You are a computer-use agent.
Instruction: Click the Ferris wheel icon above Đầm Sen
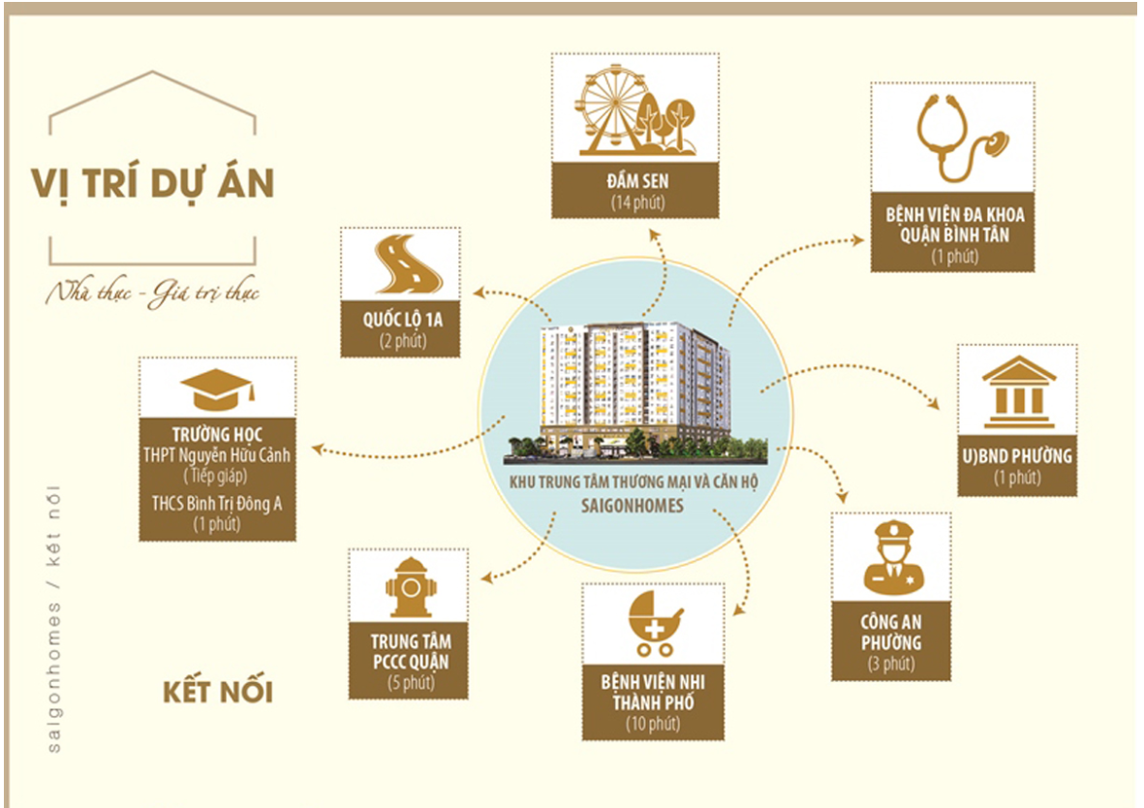[x=613, y=109]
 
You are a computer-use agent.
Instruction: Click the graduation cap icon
[x=217, y=389]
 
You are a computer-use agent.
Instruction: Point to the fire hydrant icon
[x=410, y=588]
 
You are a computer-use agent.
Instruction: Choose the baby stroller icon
[x=654, y=623]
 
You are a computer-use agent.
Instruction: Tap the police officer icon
[x=893, y=557]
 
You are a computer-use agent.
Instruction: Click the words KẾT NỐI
[x=217, y=691]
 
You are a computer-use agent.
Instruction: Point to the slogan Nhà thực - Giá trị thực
[x=152, y=294]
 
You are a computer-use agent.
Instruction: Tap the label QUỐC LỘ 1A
[x=403, y=319]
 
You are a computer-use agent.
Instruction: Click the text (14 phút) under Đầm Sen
[x=638, y=202]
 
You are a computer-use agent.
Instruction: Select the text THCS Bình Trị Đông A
[x=217, y=504]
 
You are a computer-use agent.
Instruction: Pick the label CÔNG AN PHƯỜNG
[x=891, y=632]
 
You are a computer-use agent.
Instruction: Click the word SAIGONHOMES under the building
[x=633, y=506]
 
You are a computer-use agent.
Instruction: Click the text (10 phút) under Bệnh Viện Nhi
[x=653, y=724]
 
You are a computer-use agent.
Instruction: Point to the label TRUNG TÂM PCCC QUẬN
[x=411, y=651]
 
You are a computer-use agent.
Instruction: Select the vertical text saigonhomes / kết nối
[x=53, y=619]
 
